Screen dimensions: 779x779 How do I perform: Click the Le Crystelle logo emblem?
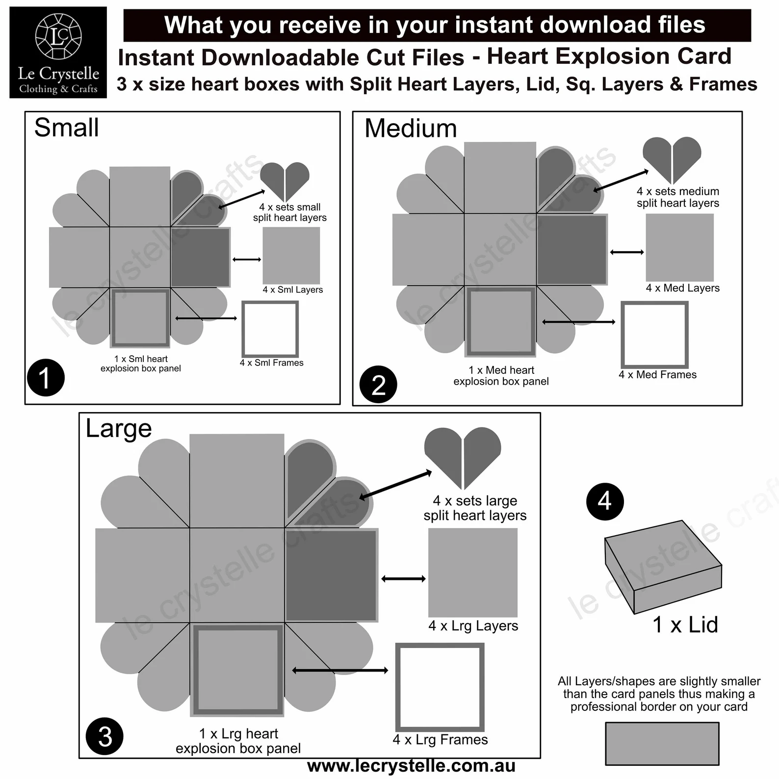(58, 36)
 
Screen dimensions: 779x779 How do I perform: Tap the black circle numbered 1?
(46, 378)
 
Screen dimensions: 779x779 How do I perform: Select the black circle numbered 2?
(378, 385)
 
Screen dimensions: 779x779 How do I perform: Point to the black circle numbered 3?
(104, 736)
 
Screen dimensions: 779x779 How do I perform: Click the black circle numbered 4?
(605, 501)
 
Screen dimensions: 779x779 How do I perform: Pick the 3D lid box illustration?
(663, 567)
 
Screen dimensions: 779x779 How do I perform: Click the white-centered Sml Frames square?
(270, 329)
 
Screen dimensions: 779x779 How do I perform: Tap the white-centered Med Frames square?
(654, 335)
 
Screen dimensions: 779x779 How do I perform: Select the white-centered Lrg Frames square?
(440, 687)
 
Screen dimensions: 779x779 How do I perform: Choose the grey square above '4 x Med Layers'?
(679, 248)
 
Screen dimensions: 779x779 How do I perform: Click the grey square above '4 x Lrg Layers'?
(473, 572)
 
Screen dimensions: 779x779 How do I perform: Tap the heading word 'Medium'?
(411, 129)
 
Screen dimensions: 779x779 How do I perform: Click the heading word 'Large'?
(119, 428)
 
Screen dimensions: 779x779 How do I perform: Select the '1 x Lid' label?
(685, 625)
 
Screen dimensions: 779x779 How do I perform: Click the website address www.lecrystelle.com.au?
(411, 766)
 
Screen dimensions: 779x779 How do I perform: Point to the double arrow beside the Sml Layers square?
(247, 259)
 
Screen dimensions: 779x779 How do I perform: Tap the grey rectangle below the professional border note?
(662, 743)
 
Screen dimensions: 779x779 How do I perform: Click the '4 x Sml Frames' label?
(271, 363)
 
